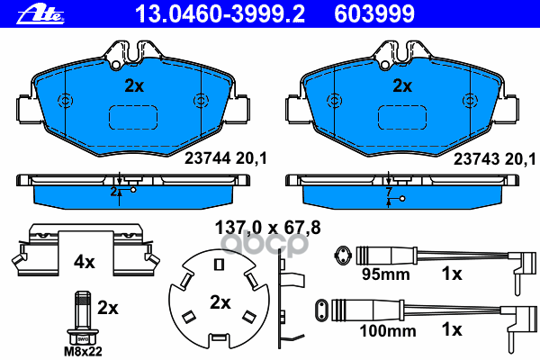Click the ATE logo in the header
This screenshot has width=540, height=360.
click(40, 14)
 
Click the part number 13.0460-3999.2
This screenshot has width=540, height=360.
click(220, 14)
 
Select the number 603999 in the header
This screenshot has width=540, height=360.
click(374, 14)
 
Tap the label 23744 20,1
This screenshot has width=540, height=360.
click(226, 158)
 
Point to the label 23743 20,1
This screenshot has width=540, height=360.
click(495, 159)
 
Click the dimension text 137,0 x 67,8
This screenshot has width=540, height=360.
click(267, 228)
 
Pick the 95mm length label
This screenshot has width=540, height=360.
click(386, 274)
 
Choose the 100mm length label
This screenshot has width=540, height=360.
click(388, 331)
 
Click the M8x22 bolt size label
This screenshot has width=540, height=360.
click(83, 351)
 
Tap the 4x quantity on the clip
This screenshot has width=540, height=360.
click(85, 263)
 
